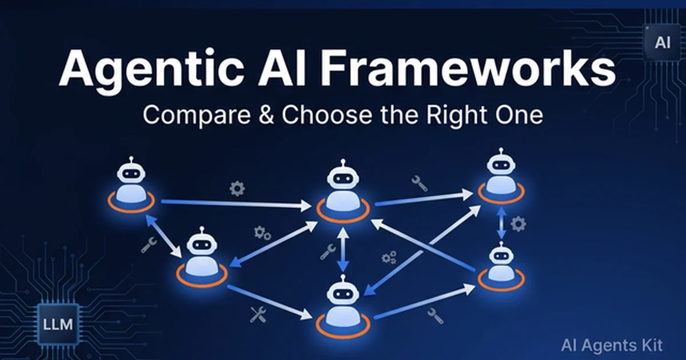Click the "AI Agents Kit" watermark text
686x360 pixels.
point(611,345)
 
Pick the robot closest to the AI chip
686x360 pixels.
point(501,177)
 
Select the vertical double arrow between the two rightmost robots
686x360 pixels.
point(501,223)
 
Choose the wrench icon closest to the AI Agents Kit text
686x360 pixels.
point(433,313)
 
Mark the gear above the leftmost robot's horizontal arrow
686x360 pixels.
point(237,188)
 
